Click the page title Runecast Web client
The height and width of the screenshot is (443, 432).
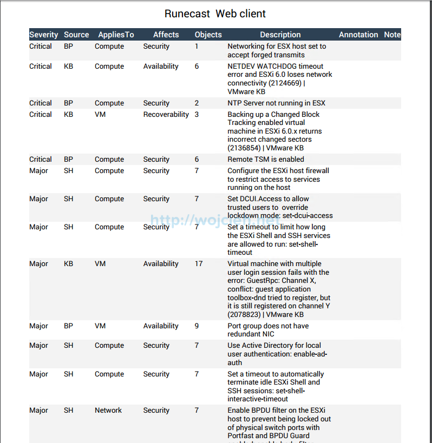(215, 14)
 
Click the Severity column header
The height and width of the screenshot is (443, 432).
(43, 35)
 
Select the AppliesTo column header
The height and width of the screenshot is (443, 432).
(116, 35)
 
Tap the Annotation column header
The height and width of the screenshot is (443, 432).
(358, 35)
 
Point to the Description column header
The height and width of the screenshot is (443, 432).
(280, 35)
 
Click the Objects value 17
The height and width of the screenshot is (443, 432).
(199, 264)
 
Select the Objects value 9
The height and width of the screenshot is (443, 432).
(197, 326)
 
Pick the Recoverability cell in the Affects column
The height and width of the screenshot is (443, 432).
(166, 115)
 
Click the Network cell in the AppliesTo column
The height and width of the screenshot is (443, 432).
(108, 411)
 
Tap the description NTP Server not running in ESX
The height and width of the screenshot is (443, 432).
(276, 103)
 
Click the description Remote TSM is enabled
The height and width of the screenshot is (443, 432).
(266, 160)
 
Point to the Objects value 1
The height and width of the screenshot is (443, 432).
(197, 47)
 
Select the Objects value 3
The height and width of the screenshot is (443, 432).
(197, 115)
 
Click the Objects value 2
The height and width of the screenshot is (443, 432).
(197, 103)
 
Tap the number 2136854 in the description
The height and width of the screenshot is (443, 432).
(245, 148)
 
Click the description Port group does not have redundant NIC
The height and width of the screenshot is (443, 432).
(268, 330)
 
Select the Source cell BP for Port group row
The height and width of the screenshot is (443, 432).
(68, 326)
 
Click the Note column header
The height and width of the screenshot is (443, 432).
(392, 35)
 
